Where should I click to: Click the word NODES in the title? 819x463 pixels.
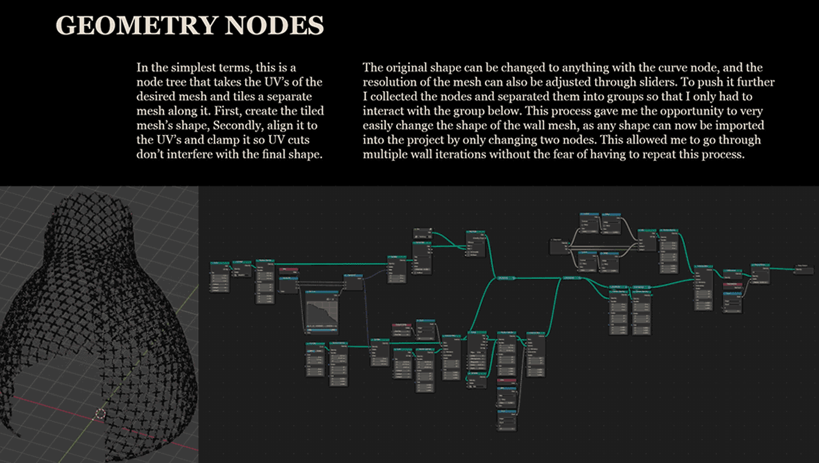[x=274, y=25]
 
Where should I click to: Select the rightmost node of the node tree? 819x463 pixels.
[x=803, y=270]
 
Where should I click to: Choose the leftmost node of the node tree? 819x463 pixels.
[x=219, y=277]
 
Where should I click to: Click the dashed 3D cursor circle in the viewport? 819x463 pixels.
[x=100, y=414]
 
